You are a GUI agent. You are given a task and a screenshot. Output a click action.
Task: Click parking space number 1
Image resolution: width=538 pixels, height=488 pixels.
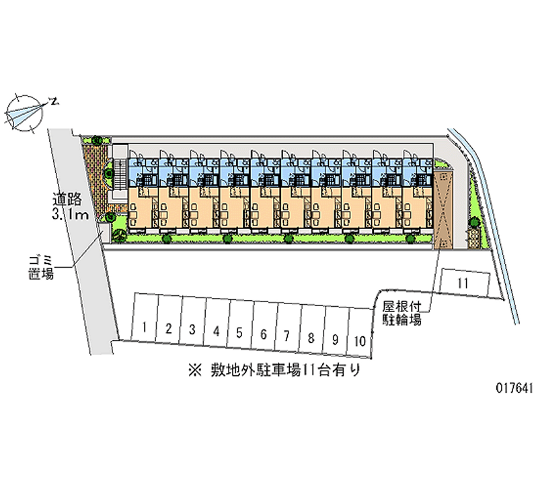pos(145,318)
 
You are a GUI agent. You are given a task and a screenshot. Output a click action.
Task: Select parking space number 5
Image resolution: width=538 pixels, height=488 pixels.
pos(239,324)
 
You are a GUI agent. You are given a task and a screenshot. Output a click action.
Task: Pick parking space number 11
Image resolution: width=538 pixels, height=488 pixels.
pos(465,282)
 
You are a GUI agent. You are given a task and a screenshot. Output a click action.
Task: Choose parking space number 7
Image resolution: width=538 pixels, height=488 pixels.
pos(287,327)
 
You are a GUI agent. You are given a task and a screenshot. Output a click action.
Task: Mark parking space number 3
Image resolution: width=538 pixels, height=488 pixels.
pos(192,321)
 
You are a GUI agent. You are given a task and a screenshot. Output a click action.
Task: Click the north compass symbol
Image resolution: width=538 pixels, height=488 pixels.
pos(25,112)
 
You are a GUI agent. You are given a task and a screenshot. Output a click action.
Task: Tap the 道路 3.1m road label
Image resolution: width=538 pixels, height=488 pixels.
pos(70,206)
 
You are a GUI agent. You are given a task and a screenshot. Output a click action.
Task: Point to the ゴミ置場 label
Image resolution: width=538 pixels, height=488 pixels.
pos(41,267)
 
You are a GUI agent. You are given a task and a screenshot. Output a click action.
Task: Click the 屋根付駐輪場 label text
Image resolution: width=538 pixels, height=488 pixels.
pos(401,313)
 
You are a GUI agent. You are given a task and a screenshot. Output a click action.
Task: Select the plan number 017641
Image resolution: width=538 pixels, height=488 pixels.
pos(514,388)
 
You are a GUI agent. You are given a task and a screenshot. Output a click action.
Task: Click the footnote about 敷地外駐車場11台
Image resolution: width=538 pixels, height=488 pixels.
pos(274,370)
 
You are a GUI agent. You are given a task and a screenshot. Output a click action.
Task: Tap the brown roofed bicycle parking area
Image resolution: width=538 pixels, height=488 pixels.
pos(443,209)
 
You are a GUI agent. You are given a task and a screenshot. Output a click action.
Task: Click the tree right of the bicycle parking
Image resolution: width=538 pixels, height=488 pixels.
pos(474,223)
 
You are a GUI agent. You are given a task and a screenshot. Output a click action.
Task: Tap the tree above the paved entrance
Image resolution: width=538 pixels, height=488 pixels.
pos(97,140)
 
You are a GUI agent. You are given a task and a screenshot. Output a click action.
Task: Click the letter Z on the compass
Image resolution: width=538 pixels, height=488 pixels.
pos(54,101)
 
